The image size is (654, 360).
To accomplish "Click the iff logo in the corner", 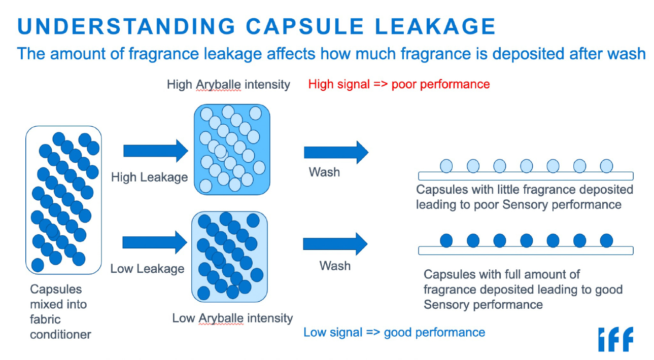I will click(x=615, y=339).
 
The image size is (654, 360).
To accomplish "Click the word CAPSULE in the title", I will click(x=306, y=26).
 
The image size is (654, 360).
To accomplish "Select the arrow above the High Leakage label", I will click(x=156, y=151).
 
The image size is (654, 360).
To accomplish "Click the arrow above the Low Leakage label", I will click(x=156, y=242).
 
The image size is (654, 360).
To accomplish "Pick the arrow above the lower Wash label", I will click(x=335, y=244).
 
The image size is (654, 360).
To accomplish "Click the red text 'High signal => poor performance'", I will click(x=399, y=84).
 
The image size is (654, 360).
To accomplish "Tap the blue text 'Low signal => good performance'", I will click(x=394, y=333).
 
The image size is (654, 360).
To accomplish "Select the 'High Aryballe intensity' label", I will click(x=228, y=84).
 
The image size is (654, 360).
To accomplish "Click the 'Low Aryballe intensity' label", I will click(x=232, y=318).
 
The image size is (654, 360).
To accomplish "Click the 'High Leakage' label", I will click(x=149, y=177).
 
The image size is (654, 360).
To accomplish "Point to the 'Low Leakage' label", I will click(x=147, y=268).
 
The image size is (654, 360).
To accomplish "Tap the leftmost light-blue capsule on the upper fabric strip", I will click(x=446, y=166).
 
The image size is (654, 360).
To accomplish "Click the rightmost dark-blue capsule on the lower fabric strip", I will click(x=606, y=240).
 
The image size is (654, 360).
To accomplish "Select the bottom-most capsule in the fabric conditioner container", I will click(x=38, y=265).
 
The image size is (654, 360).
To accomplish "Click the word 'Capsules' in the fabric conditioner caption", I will click(x=56, y=290).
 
